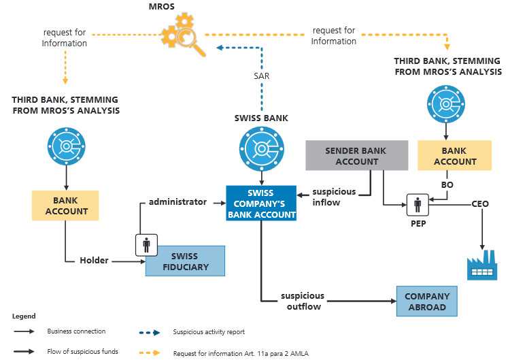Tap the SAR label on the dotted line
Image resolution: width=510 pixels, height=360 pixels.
(x=262, y=76)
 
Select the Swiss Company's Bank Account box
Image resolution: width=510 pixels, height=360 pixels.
(x=261, y=203)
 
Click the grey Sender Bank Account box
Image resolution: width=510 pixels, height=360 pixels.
(x=357, y=156)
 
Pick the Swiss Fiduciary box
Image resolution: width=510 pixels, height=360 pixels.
(x=185, y=261)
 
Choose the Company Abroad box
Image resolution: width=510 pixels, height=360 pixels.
(x=427, y=301)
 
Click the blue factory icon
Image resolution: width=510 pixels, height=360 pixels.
(x=482, y=265)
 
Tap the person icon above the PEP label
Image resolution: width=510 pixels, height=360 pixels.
(x=418, y=205)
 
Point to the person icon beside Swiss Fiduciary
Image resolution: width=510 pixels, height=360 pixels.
(x=146, y=245)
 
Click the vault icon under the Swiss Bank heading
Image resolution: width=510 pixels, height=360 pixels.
(x=262, y=149)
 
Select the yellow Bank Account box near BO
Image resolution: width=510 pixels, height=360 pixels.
(x=454, y=156)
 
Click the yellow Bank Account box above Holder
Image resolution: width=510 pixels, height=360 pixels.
(x=65, y=206)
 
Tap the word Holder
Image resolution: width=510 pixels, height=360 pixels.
(x=94, y=261)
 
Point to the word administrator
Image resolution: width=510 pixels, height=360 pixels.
(x=177, y=202)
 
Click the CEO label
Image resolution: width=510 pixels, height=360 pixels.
(x=480, y=203)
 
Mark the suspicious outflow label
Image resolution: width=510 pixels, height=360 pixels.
(x=303, y=301)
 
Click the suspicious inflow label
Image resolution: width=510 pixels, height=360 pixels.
(x=334, y=197)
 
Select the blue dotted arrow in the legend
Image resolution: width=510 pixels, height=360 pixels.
(x=150, y=333)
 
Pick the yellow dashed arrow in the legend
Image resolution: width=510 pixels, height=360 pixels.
(x=150, y=353)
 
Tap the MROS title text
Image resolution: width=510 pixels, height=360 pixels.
(x=162, y=7)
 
